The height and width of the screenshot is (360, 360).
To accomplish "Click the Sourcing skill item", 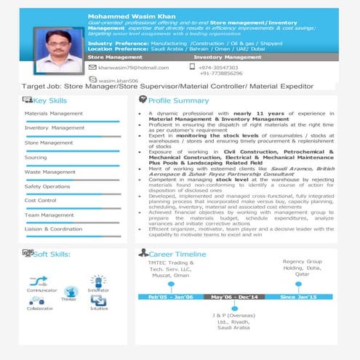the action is (36, 157).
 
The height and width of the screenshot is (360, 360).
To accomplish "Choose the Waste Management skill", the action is (50, 172).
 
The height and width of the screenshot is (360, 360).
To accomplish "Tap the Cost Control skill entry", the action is (41, 200).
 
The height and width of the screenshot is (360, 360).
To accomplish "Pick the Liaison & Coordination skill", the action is (54, 229).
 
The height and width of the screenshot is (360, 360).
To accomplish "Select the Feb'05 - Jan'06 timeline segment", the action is (171, 297).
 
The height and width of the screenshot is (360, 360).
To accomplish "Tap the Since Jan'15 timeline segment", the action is (299, 297).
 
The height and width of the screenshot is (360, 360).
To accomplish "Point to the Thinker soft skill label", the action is (69, 298).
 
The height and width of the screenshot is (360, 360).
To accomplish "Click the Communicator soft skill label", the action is (42, 290).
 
